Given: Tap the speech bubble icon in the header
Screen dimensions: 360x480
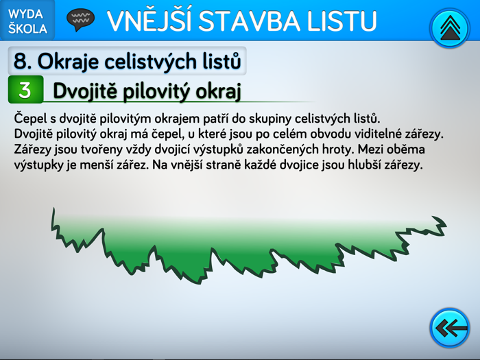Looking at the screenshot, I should click(x=80, y=19).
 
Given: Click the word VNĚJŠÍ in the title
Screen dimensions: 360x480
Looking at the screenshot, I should click(x=147, y=21).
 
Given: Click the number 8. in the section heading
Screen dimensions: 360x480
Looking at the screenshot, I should click(x=22, y=61).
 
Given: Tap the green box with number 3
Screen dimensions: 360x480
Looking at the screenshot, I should click(x=25, y=90).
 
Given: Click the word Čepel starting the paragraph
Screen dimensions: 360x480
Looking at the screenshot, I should click(x=29, y=118).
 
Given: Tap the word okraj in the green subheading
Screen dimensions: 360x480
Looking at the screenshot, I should click(x=218, y=91).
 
